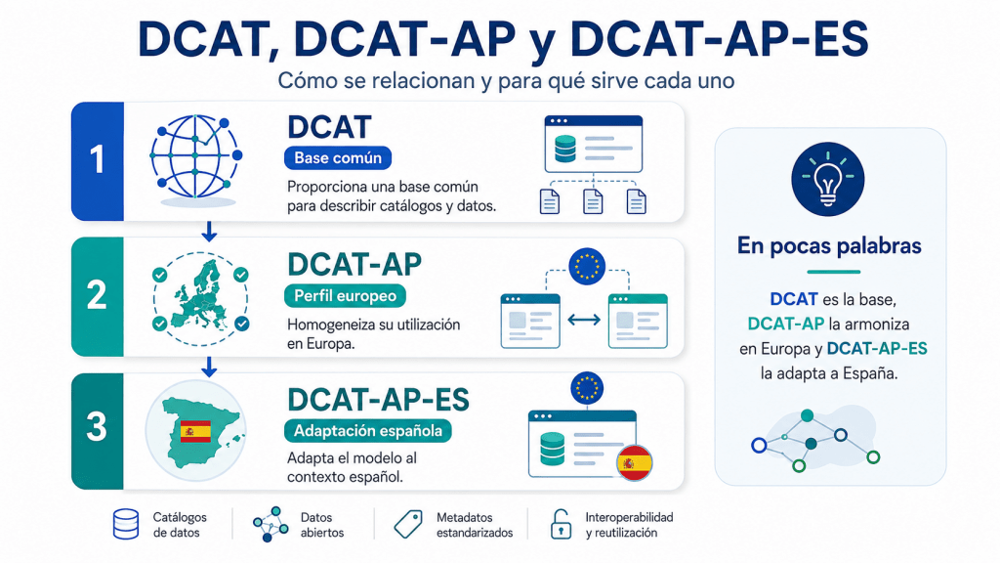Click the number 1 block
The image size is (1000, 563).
coord(98,161)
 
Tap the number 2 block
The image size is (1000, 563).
coord(98,296)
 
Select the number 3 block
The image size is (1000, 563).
coord(98,431)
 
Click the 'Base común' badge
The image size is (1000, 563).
coord(338,158)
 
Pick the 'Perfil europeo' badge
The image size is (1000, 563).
coord(345,295)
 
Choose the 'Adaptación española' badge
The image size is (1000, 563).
coord(368,431)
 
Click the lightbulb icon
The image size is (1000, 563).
coord(828,180)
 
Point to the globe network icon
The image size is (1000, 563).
coord(195,157)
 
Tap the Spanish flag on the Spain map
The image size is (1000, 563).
coord(195,431)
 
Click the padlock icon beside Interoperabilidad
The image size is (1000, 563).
coord(561,524)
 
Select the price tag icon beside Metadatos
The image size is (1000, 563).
coord(408,524)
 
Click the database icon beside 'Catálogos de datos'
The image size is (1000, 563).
coord(126,524)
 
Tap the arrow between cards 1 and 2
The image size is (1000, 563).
coord(209,231)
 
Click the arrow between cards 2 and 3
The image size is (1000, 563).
coord(209,367)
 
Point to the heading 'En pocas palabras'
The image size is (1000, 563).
coord(829,245)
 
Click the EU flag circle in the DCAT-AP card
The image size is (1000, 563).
coord(587,266)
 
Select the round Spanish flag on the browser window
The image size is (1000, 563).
coord(634,462)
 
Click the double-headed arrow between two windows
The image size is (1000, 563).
coord(584,320)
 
